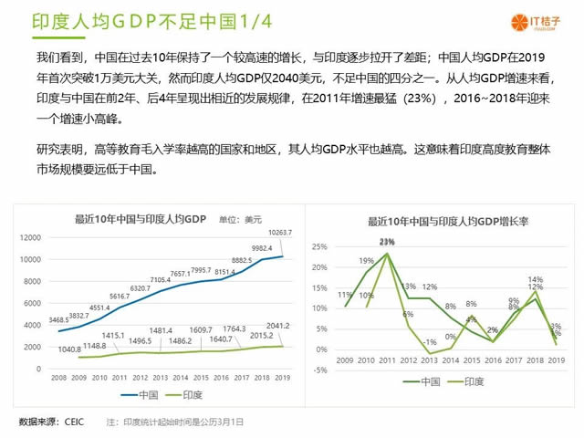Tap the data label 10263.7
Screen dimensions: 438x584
tap(279, 233)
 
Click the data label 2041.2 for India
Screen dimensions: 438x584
tap(278, 326)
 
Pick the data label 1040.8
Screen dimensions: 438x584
tap(69, 349)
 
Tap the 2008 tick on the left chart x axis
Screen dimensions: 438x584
tap(58, 377)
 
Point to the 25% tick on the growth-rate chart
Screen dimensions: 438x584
tap(319, 247)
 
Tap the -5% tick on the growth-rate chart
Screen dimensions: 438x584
tap(319, 369)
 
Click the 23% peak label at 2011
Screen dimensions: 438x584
tap(387, 242)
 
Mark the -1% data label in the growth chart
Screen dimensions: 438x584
tap(430, 341)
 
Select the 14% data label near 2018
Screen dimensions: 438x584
tap(536, 279)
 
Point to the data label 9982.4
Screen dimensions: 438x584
tap(262, 247)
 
